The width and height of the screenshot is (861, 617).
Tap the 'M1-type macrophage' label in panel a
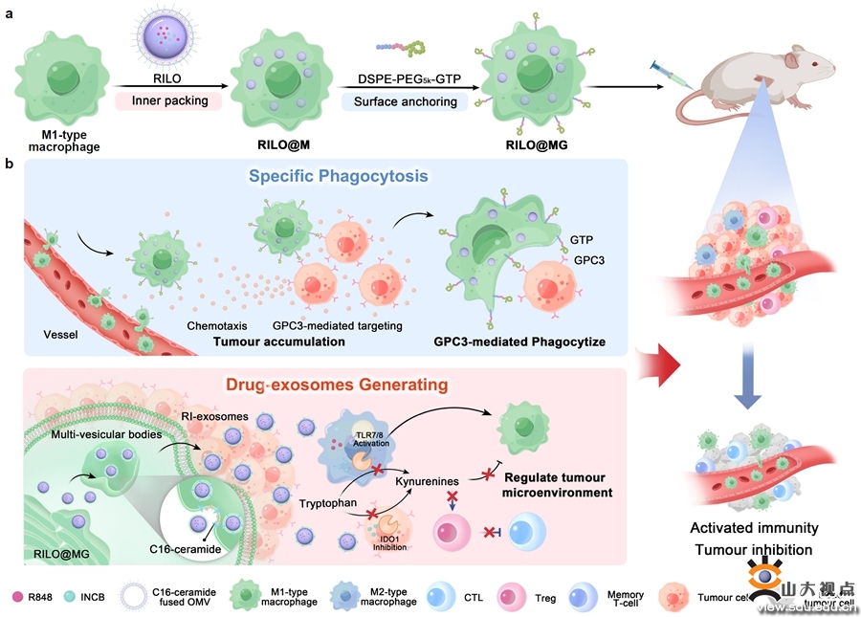point(59,140)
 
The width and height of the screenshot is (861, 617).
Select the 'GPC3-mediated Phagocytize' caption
point(520,342)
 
